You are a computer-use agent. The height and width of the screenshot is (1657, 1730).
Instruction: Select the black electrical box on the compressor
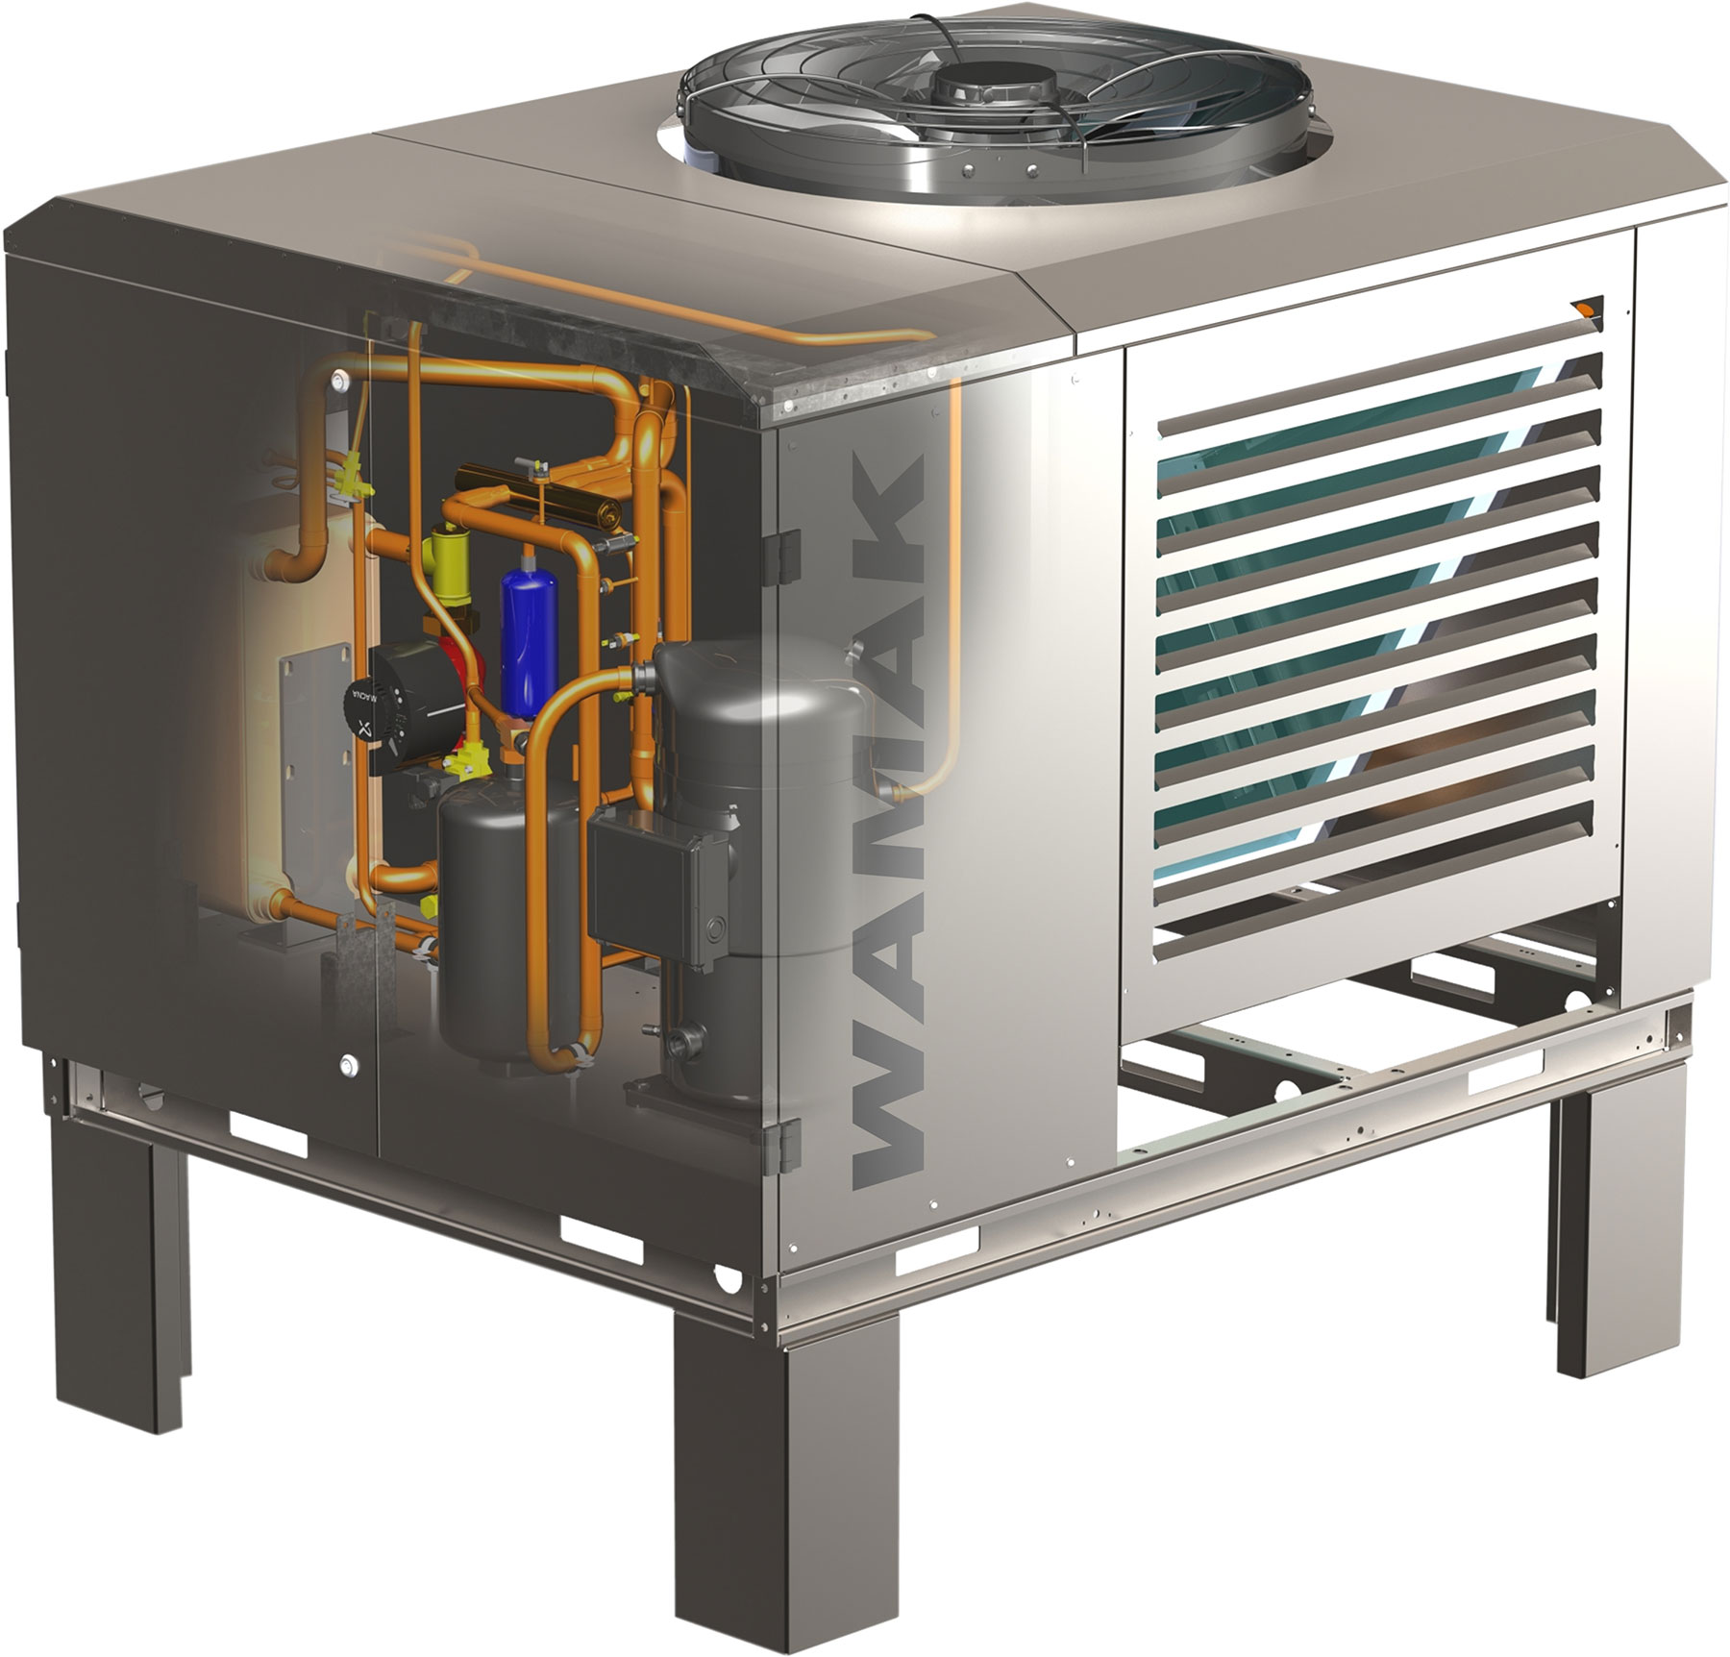[654, 875]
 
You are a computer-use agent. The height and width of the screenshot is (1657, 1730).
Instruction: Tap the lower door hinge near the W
[787, 1144]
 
